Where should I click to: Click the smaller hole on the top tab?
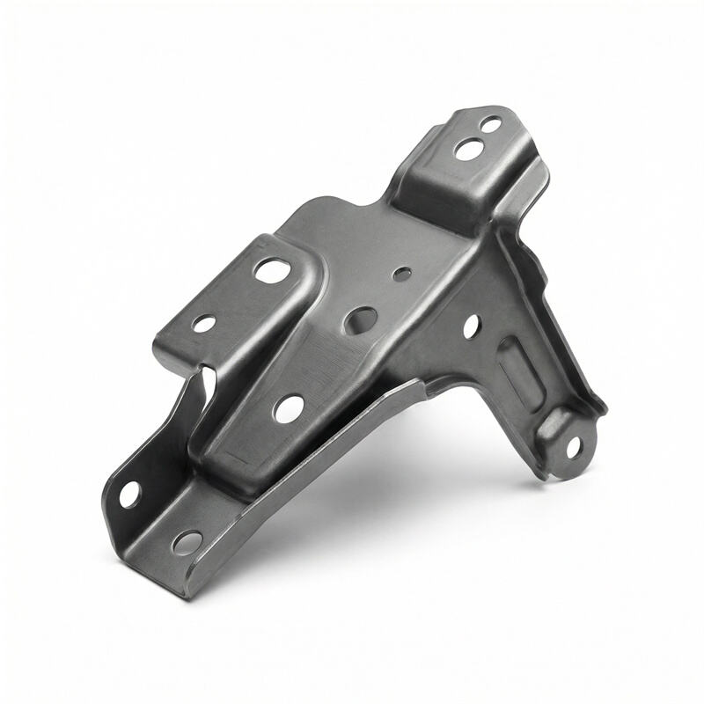pyautogui.click(x=491, y=125)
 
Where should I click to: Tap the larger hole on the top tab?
pyautogui.click(x=468, y=149)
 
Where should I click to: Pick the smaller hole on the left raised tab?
pyautogui.click(x=203, y=324)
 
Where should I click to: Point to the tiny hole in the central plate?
pyautogui.click(x=402, y=274)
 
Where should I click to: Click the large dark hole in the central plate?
pyautogui.click(x=361, y=320)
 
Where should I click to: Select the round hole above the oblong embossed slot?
pyautogui.click(x=471, y=326)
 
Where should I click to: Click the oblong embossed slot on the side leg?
pyautogui.click(x=520, y=375)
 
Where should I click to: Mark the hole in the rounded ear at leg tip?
pyautogui.click(x=573, y=447)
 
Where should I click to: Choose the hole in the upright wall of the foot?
pyautogui.click(x=129, y=495)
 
